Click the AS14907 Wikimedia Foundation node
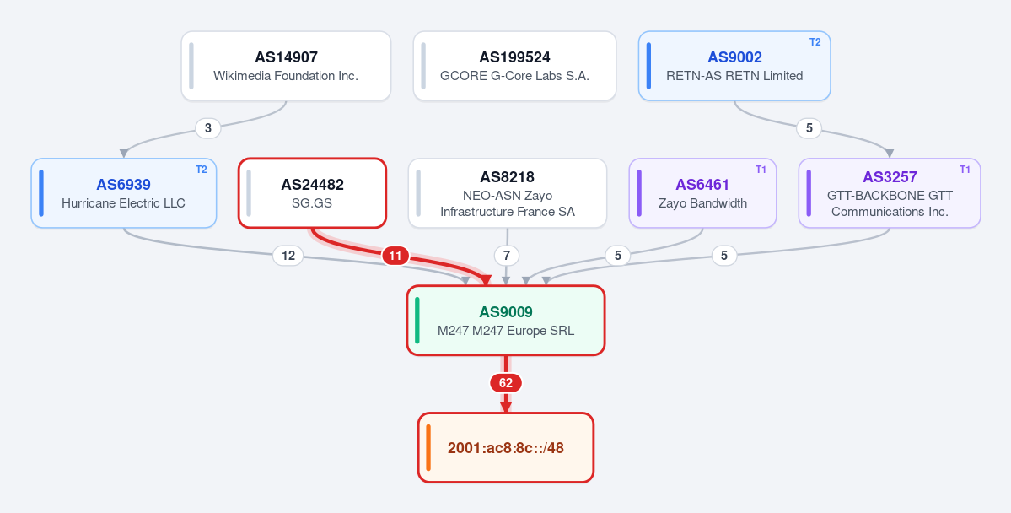pyautogui.click(x=286, y=66)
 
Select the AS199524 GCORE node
pyautogui.click(x=514, y=66)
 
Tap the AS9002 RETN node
pyautogui.click(x=734, y=66)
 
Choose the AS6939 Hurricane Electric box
pyautogui.click(x=124, y=193)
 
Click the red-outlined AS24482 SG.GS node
pyautogui.click(x=312, y=193)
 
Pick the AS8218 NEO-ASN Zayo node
pyautogui.click(x=508, y=193)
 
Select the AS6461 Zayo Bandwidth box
pyautogui.click(x=702, y=193)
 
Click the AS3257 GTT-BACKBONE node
pyautogui.click(x=890, y=193)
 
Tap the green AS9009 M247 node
pyautogui.click(x=506, y=320)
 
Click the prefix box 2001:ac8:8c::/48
pyautogui.click(x=506, y=447)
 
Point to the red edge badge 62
pyautogui.click(x=506, y=383)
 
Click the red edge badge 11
pyautogui.click(x=395, y=256)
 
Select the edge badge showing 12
pyautogui.click(x=288, y=256)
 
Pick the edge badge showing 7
pyautogui.click(x=507, y=256)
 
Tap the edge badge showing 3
pyautogui.click(x=207, y=128)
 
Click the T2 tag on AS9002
pyautogui.click(x=815, y=42)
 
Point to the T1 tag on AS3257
pyautogui.click(x=965, y=169)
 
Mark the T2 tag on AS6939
pyautogui.click(x=202, y=169)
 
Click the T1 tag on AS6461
pyautogui.click(x=761, y=169)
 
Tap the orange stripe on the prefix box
pyautogui.click(x=428, y=447)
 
